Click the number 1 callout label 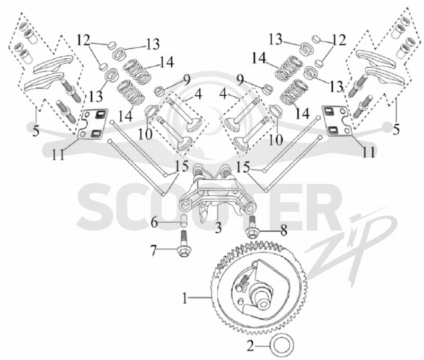[x=185, y=298]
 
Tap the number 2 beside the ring [x=250, y=346]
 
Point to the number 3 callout [x=218, y=227]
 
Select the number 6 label [x=154, y=222]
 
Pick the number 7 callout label [x=153, y=251]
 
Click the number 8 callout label [x=284, y=231]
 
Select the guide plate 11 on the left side [x=93, y=124]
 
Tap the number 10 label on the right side [x=276, y=140]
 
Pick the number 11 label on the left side [x=58, y=154]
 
